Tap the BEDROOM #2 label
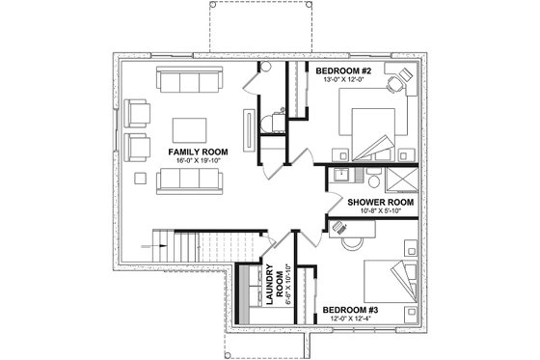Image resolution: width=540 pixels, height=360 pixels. click(x=345, y=70)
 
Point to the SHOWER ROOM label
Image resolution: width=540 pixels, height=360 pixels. click(x=382, y=203)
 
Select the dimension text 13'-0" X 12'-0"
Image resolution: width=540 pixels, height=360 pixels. click(x=345, y=81)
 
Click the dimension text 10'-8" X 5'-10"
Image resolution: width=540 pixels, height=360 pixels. click(x=382, y=213)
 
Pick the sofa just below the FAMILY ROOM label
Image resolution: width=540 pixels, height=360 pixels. click(x=188, y=180)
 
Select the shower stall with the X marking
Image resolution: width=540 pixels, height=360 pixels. click(x=397, y=180)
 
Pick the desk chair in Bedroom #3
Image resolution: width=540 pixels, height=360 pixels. click(x=342, y=227)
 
